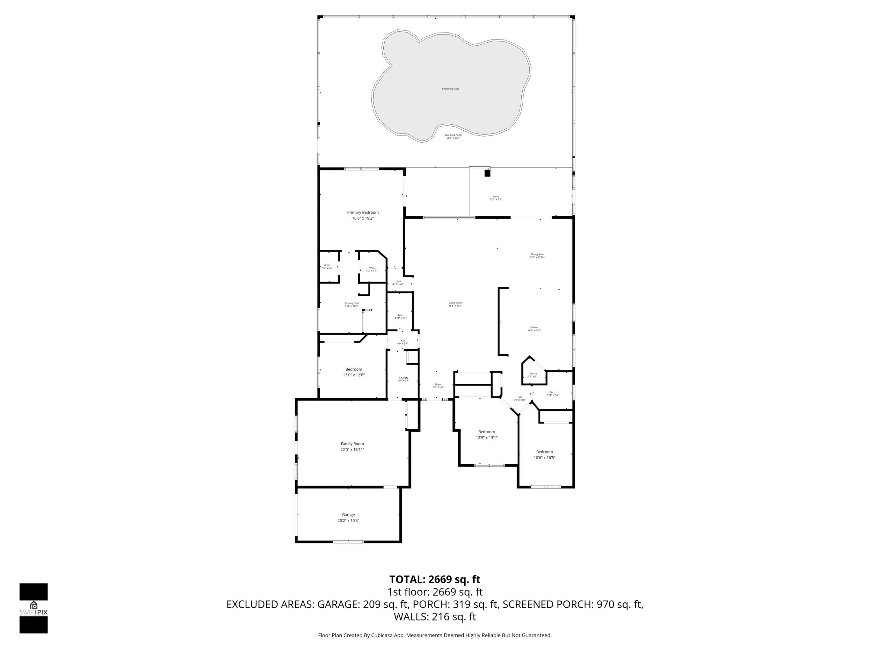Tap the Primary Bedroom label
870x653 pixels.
coord(362,213)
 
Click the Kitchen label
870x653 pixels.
coord(534,327)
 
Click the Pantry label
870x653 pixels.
coord(533,374)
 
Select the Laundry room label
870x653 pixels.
coord(404,378)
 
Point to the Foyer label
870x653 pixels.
coord(438,384)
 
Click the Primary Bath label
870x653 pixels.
coord(351,303)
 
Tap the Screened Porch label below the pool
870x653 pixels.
coord(453,135)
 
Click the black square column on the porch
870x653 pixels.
coord(487,173)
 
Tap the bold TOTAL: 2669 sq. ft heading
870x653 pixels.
coord(435,580)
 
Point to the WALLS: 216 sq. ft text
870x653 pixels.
coord(435,617)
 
